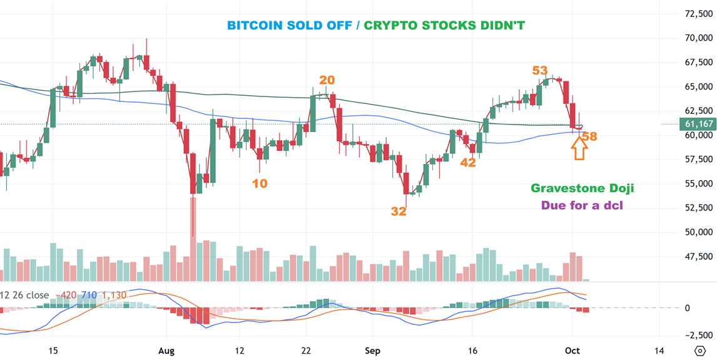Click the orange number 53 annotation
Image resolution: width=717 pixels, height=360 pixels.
click(x=540, y=71)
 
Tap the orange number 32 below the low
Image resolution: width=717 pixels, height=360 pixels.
click(x=399, y=212)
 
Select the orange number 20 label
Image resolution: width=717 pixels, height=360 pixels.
click(x=327, y=80)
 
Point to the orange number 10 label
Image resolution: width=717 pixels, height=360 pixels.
click(x=260, y=183)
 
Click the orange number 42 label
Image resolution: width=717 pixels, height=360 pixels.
click(x=468, y=163)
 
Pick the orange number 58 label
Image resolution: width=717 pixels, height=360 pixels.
click(x=589, y=136)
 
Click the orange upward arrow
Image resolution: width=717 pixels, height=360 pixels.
click(x=579, y=148)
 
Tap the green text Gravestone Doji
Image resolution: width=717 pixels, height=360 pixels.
click(x=582, y=188)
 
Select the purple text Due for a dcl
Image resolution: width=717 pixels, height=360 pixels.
click(x=582, y=205)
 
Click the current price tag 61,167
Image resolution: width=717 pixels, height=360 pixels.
click(x=697, y=125)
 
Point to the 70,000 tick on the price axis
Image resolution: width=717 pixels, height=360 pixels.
click(x=699, y=38)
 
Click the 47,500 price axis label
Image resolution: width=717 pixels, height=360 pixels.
click(x=699, y=256)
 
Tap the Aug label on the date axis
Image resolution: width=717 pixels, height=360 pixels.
click(x=166, y=351)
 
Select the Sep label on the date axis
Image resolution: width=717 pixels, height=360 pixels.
click(x=373, y=351)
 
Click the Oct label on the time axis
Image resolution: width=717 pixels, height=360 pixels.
click(x=572, y=351)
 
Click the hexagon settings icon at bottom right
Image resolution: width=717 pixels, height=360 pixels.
click(x=700, y=351)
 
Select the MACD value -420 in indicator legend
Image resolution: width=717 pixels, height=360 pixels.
click(x=66, y=295)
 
